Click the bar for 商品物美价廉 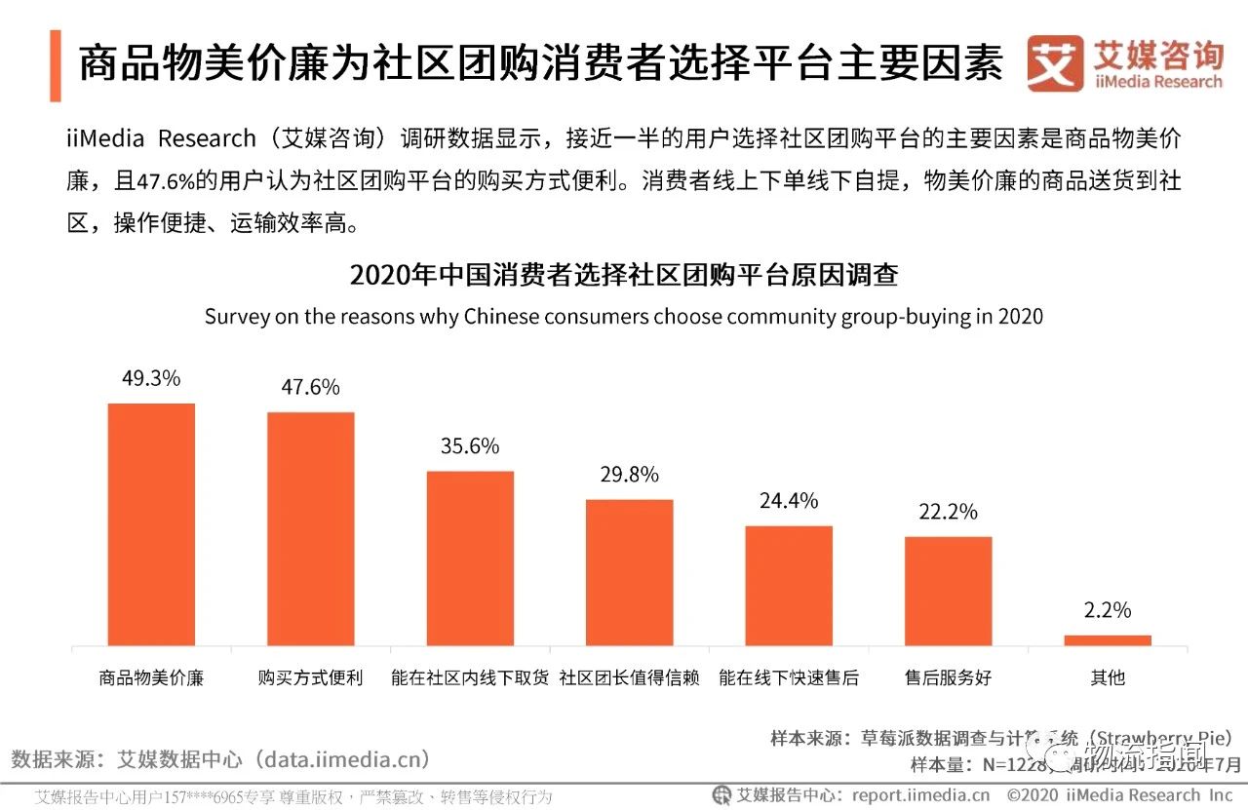click(x=151, y=524)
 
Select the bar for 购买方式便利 click(x=311, y=528)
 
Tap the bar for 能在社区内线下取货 click(x=470, y=558)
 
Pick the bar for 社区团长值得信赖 click(x=629, y=572)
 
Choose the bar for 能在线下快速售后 click(x=789, y=585)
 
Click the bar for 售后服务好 click(x=948, y=591)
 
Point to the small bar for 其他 click(x=1108, y=640)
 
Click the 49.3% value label click(x=151, y=378)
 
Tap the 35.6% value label click(x=470, y=446)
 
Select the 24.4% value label click(x=789, y=501)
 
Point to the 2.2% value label click(x=1108, y=610)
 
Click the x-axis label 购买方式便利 click(x=311, y=677)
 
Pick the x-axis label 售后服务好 click(x=948, y=677)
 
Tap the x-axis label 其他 click(x=1108, y=677)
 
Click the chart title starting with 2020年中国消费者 click(x=623, y=275)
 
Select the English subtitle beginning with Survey click(x=623, y=317)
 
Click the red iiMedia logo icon click(x=1055, y=63)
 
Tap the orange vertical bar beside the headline click(x=56, y=65)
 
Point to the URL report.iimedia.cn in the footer click(x=920, y=794)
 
